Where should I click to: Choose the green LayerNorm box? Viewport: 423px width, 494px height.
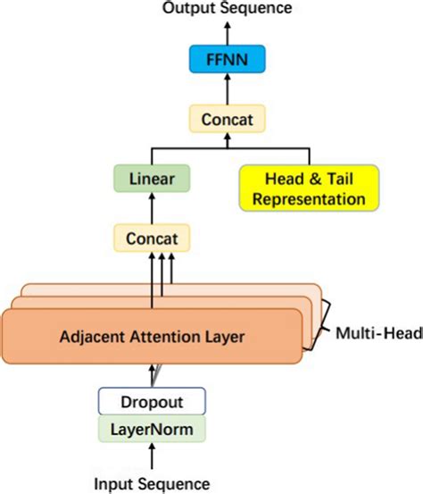151,429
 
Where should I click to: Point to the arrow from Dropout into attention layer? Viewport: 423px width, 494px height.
151,375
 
